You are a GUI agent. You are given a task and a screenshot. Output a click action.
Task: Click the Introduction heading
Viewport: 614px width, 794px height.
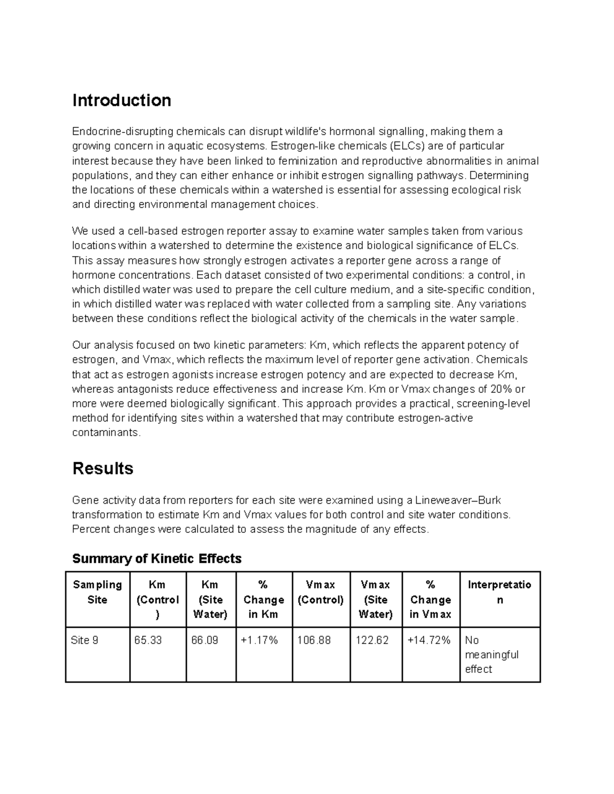(122, 100)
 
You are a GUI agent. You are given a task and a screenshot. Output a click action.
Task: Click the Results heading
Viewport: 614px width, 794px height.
(103, 468)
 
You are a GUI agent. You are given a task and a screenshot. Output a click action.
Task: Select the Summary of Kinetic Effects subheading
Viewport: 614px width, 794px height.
(157, 558)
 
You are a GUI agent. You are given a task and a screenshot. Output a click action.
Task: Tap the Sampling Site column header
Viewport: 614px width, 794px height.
(97, 592)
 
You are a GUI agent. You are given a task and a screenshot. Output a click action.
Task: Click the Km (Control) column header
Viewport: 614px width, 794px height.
(158, 599)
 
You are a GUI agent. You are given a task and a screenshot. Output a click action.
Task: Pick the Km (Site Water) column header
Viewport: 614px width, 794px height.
(210, 599)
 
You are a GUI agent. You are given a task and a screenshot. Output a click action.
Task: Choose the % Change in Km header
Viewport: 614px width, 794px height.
(264, 599)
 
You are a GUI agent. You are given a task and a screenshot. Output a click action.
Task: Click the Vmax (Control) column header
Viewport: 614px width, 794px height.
(321, 592)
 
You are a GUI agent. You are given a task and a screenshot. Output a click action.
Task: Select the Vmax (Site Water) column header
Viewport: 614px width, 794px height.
(376, 599)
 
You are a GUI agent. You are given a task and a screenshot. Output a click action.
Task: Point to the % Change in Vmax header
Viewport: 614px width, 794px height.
(430, 599)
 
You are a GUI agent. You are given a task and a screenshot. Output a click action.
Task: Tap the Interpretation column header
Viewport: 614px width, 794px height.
(499, 592)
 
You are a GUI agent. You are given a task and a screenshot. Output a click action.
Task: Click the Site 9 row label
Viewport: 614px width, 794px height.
(84, 640)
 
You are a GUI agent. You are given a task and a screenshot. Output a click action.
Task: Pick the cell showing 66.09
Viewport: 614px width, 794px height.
(205, 640)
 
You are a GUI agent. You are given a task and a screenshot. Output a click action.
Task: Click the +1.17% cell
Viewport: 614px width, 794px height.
(259, 640)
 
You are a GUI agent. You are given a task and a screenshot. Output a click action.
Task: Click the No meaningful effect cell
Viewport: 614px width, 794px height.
(492, 654)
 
